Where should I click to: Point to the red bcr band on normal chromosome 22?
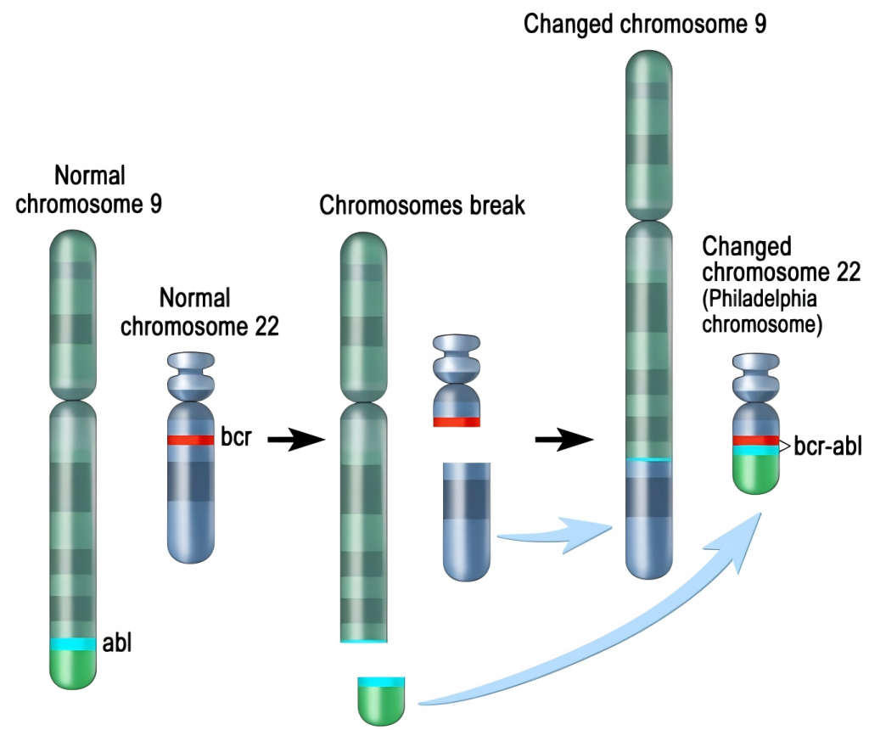point(190,440)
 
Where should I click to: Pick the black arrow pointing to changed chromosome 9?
point(563,440)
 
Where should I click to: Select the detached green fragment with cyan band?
point(381,701)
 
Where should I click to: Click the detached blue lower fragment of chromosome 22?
point(466,522)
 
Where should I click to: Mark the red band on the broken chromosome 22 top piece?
point(457,421)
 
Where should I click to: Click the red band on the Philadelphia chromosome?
point(755,441)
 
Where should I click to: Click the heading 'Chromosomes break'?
point(422,206)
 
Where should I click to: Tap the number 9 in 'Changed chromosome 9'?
point(759,24)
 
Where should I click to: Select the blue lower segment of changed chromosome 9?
point(649,518)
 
